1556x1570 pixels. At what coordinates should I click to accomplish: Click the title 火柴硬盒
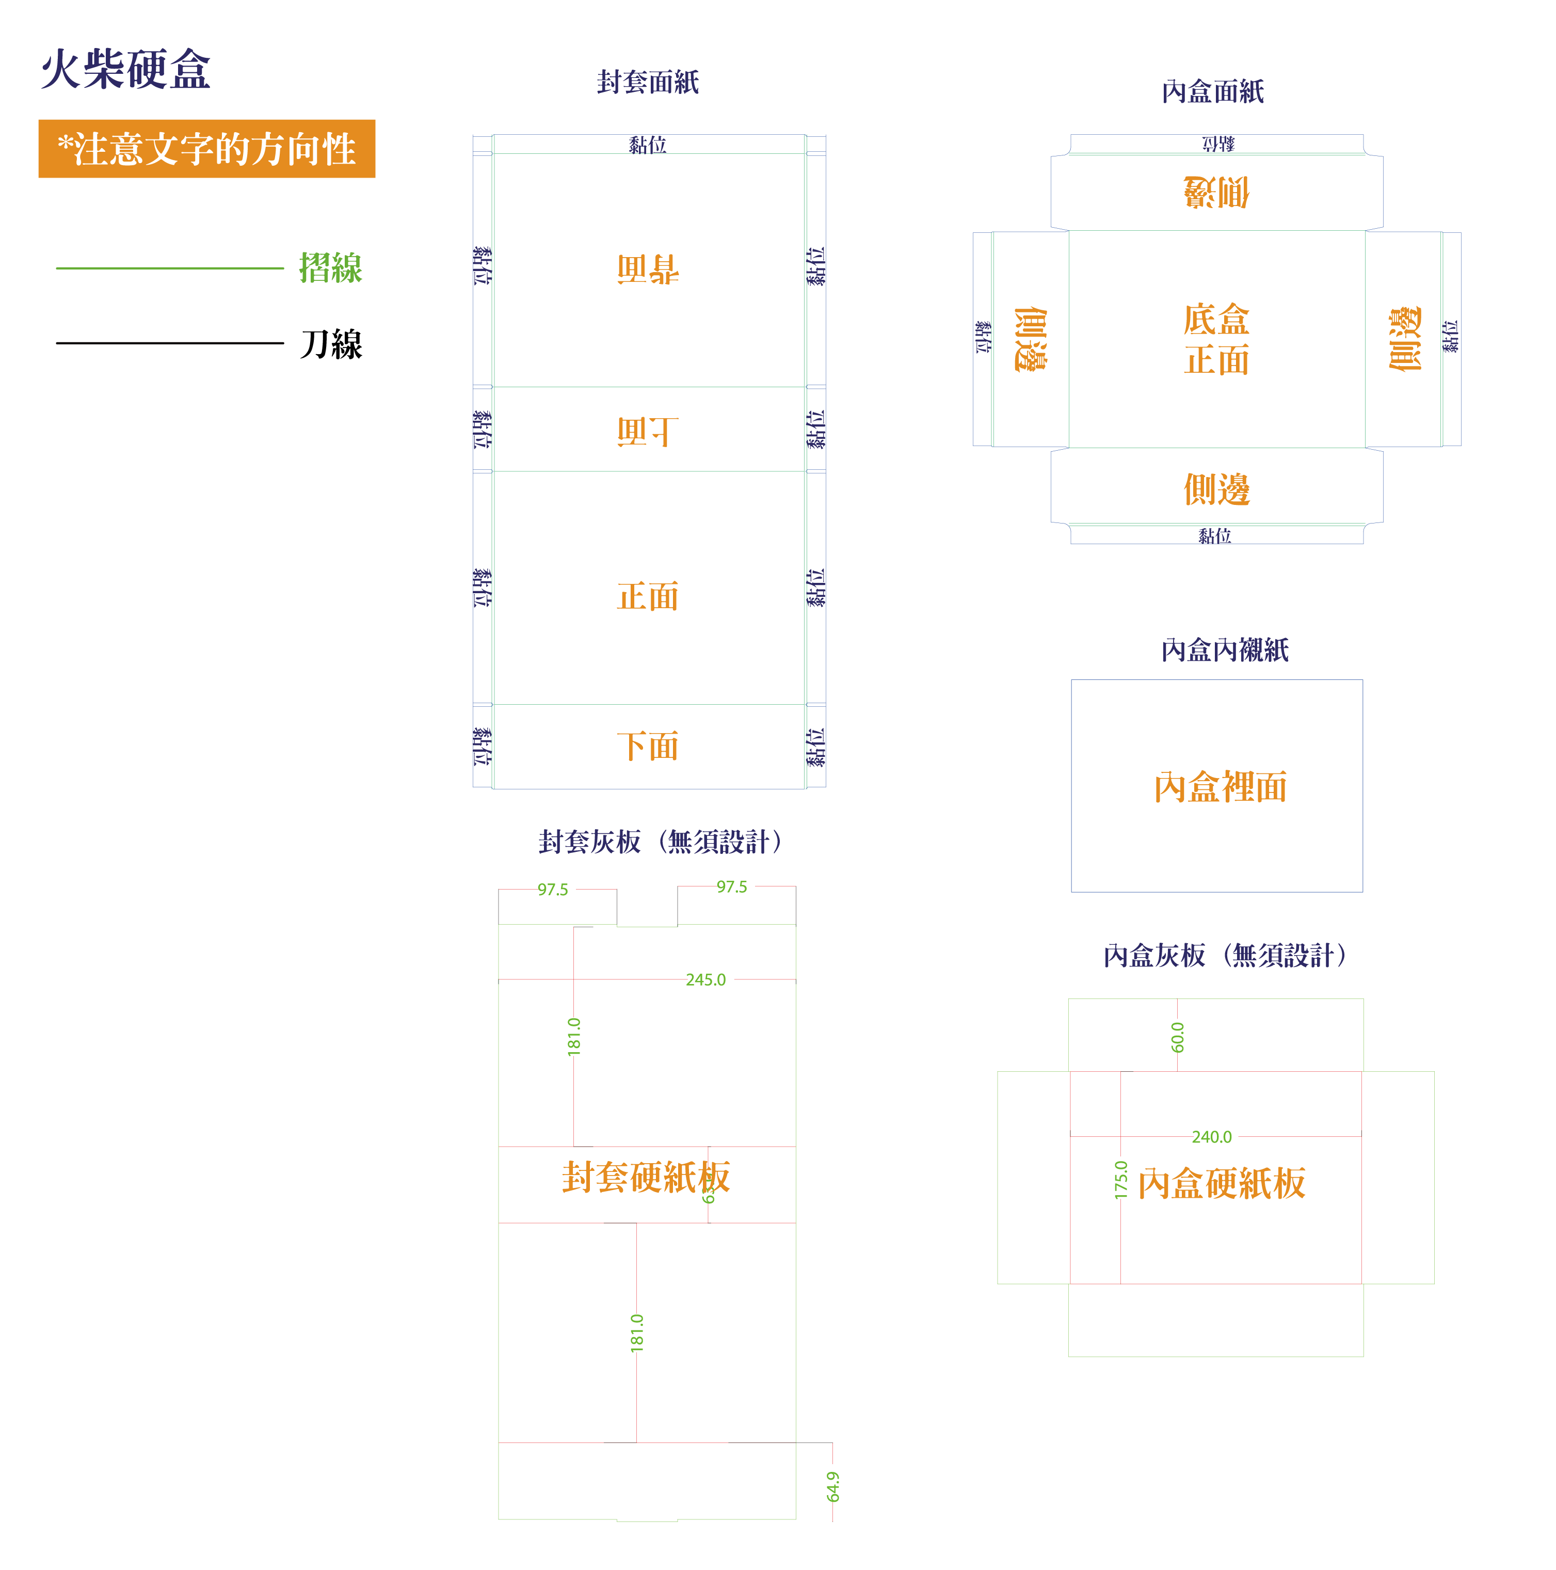click(x=126, y=69)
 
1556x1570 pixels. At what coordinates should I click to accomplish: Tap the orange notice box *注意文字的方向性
click(x=206, y=149)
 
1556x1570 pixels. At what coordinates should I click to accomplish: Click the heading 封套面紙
click(x=648, y=82)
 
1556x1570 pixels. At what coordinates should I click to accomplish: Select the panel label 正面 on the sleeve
click(x=648, y=596)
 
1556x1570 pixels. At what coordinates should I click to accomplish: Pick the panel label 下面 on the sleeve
click(x=648, y=746)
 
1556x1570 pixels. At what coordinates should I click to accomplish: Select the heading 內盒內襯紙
click(x=1225, y=650)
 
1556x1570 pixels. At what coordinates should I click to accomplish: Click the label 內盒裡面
click(x=1221, y=787)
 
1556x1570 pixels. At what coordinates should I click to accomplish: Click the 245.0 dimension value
click(x=705, y=980)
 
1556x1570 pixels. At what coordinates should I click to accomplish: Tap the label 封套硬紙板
click(x=646, y=1177)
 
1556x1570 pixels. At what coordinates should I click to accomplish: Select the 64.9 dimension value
click(x=833, y=1486)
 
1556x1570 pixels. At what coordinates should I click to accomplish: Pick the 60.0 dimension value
click(x=1177, y=1038)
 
